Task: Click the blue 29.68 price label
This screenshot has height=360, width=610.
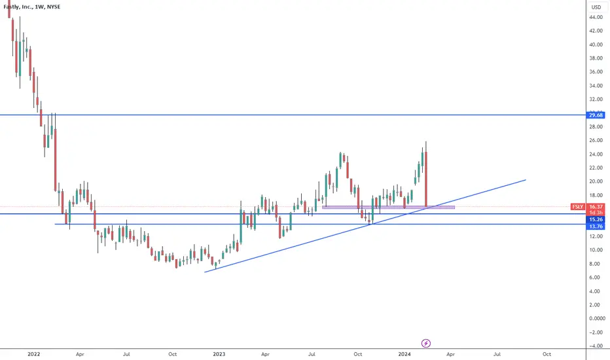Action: [596, 115]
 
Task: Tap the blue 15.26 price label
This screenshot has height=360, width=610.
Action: [596, 220]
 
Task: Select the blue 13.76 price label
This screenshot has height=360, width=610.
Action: [596, 226]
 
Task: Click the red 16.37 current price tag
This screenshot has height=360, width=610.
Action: [596, 207]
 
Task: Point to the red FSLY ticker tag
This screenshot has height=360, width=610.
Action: [578, 207]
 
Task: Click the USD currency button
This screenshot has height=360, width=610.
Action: [596, 7]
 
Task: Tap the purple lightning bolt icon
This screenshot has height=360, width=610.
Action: [426, 343]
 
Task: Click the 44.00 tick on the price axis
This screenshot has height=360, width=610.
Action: [596, 17]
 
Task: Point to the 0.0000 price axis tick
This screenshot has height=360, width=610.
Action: [597, 318]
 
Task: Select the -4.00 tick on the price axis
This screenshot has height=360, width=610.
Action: [596, 346]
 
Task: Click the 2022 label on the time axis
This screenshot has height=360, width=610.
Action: [34, 354]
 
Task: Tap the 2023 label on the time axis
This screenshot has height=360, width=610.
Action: [219, 354]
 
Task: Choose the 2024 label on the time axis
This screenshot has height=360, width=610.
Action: [404, 354]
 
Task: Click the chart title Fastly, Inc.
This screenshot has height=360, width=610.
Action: [18, 7]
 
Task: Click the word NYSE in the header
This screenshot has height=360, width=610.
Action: [54, 7]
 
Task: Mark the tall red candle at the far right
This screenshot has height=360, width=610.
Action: [426, 174]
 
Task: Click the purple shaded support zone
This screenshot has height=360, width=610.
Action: [388, 207]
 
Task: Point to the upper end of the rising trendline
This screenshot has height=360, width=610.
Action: [526, 180]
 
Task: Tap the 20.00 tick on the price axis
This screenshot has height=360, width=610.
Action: [596, 181]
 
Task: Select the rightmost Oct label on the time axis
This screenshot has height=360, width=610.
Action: [547, 354]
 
